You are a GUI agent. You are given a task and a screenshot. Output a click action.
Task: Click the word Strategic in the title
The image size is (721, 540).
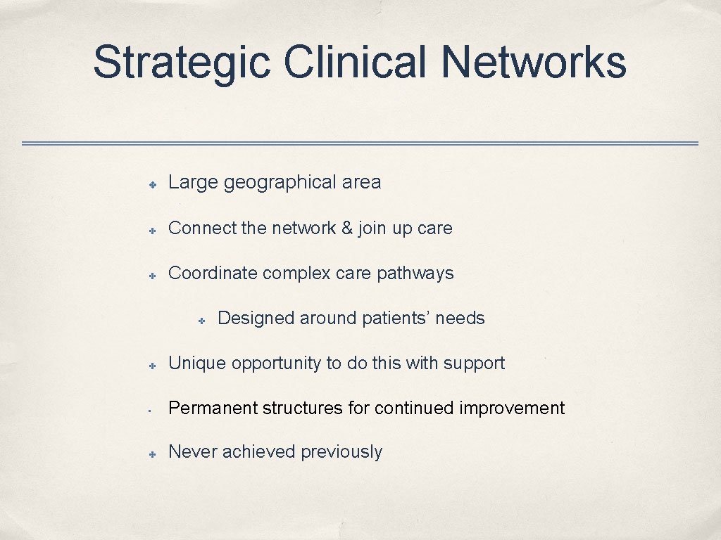pyautogui.click(x=181, y=62)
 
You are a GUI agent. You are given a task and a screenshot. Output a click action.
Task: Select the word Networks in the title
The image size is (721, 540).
pyautogui.click(x=533, y=62)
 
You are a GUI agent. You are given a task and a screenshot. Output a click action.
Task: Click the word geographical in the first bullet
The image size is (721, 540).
pyautogui.click(x=280, y=183)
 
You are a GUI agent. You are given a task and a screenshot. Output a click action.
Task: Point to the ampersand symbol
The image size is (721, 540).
pyautogui.click(x=346, y=228)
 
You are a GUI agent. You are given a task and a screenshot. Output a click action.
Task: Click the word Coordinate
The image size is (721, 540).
pyautogui.click(x=213, y=273)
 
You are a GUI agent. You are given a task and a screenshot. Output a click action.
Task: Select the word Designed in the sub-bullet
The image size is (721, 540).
pyautogui.click(x=256, y=318)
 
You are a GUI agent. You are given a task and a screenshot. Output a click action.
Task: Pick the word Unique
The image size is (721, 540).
pyautogui.click(x=197, y=363)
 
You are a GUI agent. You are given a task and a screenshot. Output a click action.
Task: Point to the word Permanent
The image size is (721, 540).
pyautogui.click(x=213, y=408)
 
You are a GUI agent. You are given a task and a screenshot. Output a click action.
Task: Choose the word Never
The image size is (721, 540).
pyautogui.click(x=193, y=451)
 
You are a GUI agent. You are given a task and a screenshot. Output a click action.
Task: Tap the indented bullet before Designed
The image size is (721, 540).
pyautogui.click(x=201, y=321)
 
